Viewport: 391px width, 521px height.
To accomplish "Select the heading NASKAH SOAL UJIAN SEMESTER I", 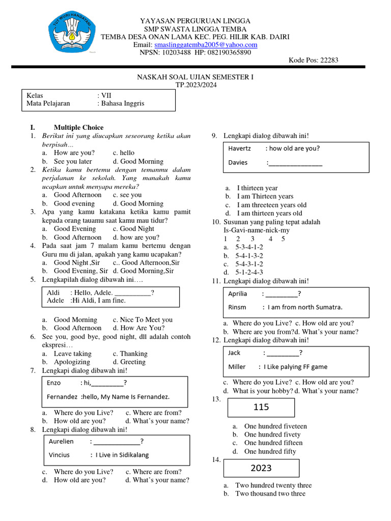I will coord(195,77).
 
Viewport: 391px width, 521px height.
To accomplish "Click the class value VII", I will coord(106,95).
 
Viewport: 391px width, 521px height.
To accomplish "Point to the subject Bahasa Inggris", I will coord(123,103).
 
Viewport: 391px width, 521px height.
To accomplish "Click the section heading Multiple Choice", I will coord(78,128).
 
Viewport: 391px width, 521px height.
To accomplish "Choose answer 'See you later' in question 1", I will coord(73,161).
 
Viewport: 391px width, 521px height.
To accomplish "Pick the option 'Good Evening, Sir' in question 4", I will coord(81,271).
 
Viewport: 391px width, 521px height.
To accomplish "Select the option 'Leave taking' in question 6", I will coord(73,354).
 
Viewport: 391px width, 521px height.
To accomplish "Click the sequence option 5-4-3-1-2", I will coord(249,264).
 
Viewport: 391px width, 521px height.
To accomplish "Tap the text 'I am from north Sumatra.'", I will coord(305,307).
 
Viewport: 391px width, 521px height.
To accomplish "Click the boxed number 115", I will coord(261,408).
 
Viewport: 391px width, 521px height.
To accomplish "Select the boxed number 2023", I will coord(261,468).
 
